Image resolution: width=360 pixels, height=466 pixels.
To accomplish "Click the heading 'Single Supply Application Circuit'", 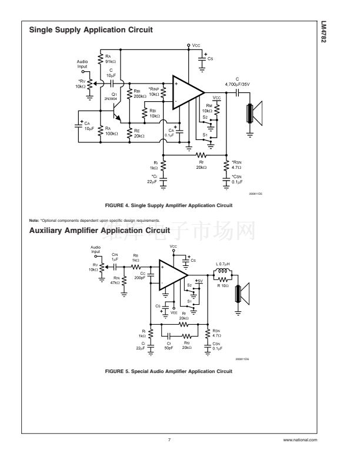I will coord(91,29).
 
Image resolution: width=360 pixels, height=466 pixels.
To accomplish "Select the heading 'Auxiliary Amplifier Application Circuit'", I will coord(99,230).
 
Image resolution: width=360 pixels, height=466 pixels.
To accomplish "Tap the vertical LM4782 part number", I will coord(341,36).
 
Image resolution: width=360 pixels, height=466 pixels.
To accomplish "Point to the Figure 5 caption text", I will coord(169,371).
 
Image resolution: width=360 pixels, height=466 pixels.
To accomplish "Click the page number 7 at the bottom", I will coord(169,440).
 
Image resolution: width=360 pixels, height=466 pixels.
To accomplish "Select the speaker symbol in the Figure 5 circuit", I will coord(241,294).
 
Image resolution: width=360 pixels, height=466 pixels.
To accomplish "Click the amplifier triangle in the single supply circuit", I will coord(186,93).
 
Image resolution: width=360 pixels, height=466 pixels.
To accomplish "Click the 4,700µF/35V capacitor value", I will coord(238,84).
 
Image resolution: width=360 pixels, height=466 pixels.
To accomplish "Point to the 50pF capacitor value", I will coord(168,348).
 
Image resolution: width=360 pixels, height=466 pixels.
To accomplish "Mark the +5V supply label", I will coord(199,281).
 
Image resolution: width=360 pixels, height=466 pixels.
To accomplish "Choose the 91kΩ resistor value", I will coord(111,61).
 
